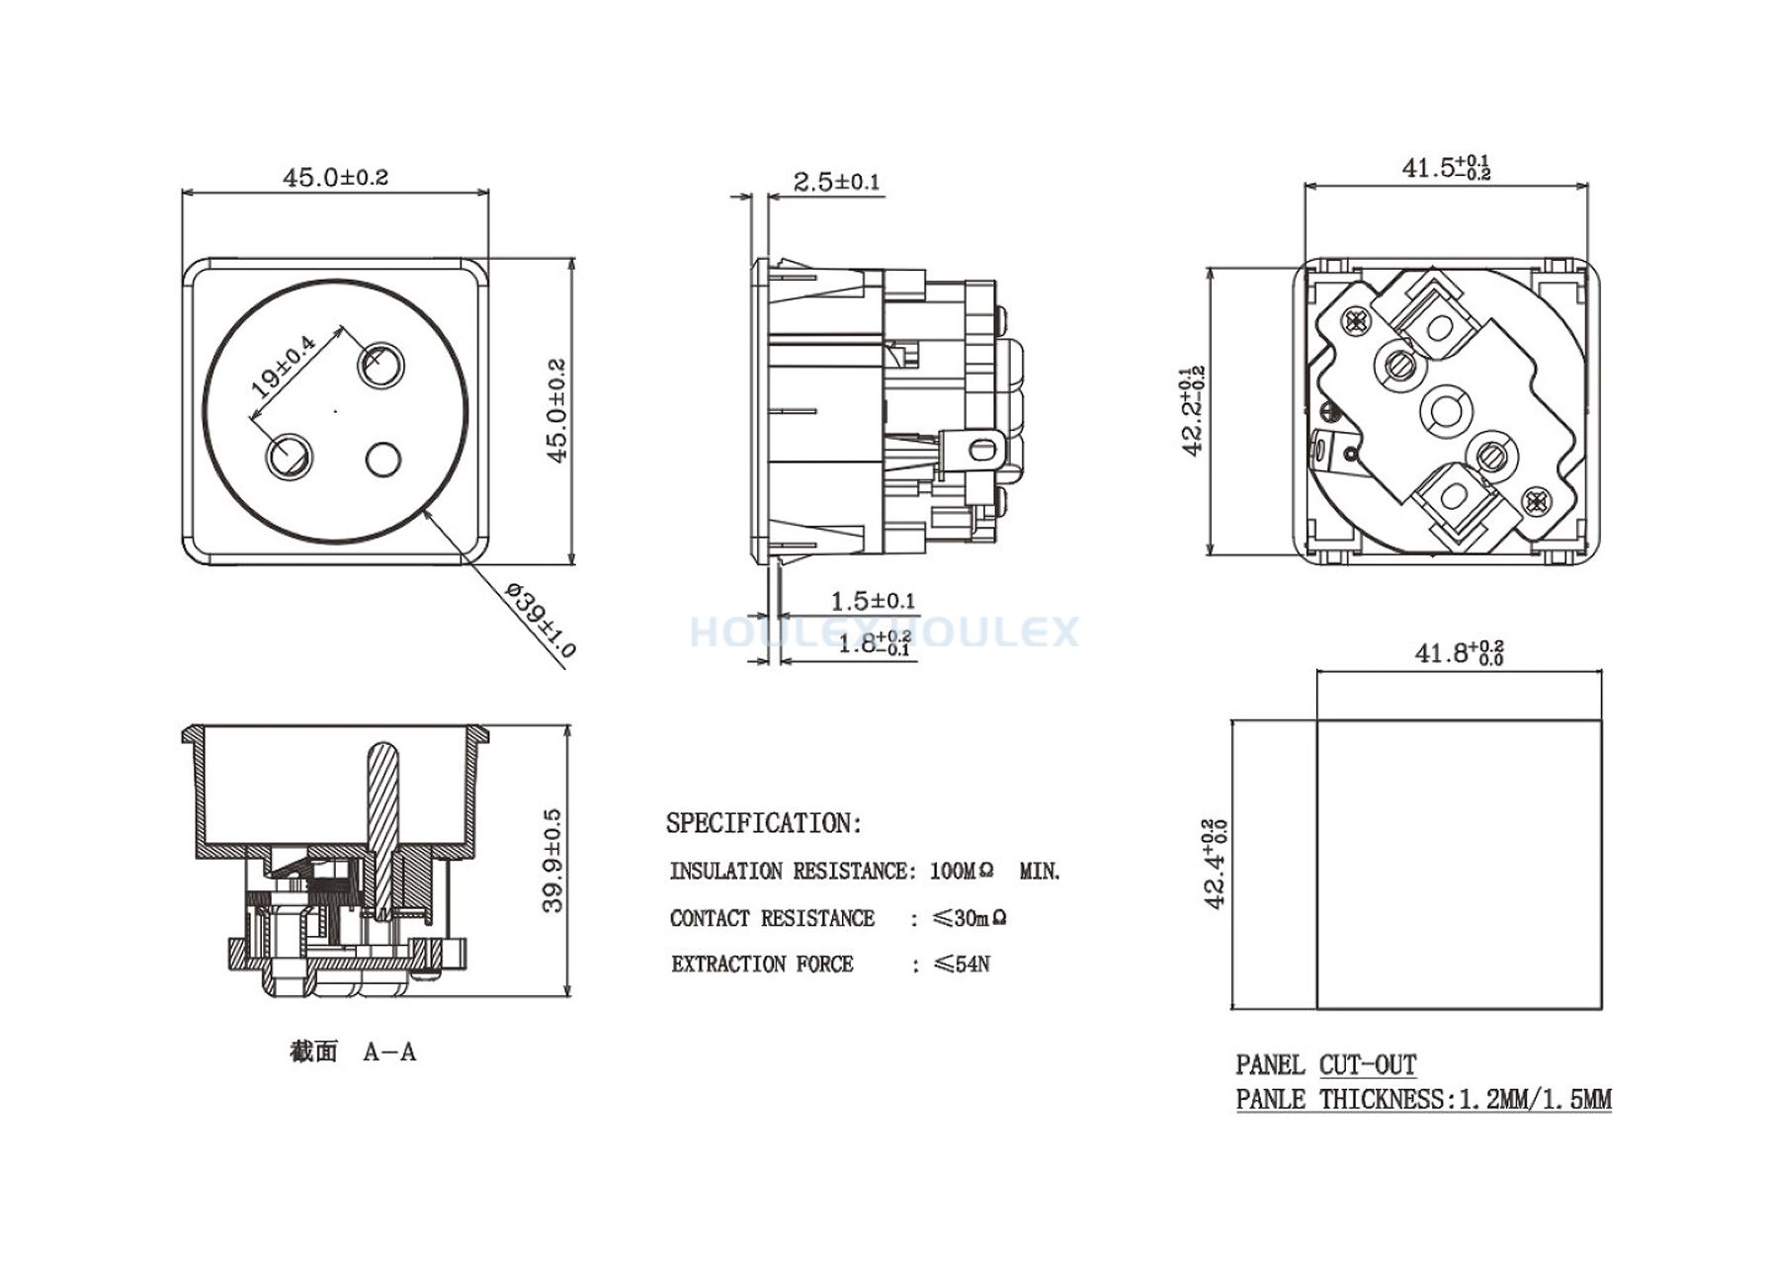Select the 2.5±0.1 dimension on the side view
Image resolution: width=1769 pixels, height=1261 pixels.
836,182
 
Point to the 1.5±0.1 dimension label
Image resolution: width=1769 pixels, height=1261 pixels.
873,601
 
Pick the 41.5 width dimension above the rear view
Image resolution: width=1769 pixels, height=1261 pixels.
1446,167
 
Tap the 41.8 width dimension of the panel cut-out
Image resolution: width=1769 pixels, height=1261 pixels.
1459,652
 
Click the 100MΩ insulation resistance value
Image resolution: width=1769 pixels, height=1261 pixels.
962,872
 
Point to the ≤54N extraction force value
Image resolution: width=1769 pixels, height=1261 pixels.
961,965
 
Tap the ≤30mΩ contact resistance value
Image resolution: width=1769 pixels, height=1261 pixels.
969,918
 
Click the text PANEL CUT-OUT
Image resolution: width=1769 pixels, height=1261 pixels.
1326,1065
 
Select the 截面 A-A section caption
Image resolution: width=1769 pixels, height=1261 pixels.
353,1052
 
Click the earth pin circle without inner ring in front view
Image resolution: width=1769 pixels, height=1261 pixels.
382,460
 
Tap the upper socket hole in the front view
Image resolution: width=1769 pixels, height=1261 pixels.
381,366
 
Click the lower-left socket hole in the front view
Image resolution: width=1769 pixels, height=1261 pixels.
289,457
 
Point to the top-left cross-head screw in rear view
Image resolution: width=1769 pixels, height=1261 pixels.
1354,319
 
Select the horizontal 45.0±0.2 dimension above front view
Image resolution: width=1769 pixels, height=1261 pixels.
336,178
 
